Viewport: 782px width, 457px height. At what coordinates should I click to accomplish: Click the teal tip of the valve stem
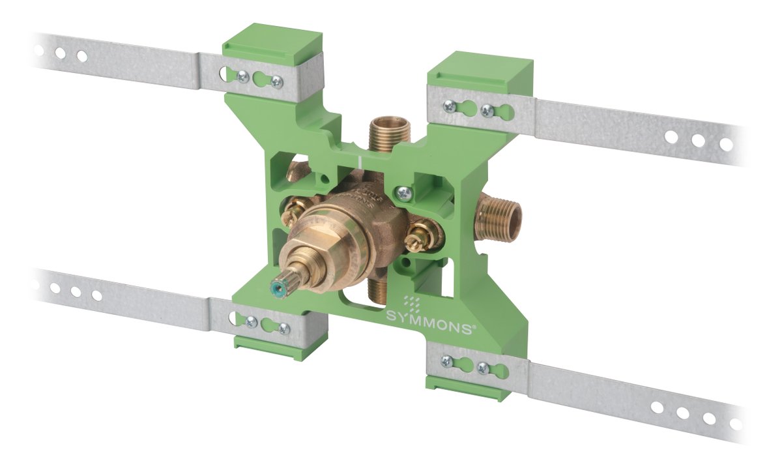276,287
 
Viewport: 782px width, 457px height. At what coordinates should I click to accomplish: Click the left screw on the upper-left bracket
242,77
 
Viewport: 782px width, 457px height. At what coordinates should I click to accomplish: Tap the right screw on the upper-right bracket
485,111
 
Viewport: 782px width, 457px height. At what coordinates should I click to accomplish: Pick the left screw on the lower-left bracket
250,321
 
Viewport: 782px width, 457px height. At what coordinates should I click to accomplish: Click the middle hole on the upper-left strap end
60,53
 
